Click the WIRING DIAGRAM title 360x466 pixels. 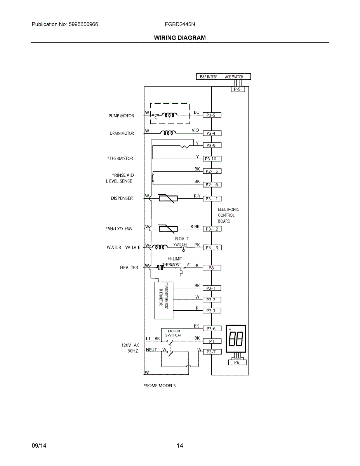click(180, 38)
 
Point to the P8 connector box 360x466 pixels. click(212, 268)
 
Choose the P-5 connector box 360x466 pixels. click(237, 89)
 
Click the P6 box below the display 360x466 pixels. click(237, 362)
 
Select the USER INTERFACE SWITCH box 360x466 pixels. click(223, 77)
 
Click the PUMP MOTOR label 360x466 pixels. click(121, 116)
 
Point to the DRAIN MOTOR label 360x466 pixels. click(122, 134)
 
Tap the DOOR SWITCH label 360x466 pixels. click(174, 333)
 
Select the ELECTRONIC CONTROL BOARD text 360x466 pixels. click(228, 215)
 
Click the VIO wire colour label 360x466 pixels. click(195, 130)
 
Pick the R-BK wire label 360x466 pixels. click(195, 226)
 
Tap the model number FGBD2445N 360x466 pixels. click(180, 24)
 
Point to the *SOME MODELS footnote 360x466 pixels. click(160, 386)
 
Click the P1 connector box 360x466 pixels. click(212, 341)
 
